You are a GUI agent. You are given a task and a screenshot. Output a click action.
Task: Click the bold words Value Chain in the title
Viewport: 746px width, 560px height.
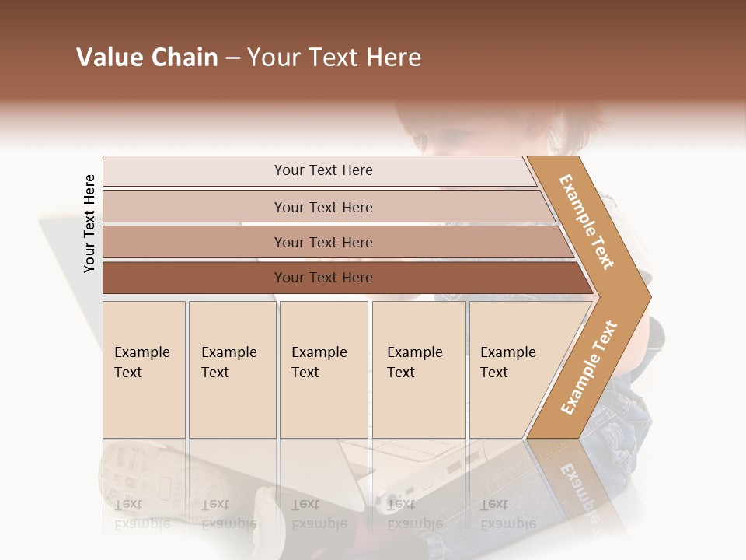(147, 58)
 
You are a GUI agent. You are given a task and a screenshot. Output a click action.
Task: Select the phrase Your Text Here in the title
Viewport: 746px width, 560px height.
(334, 58)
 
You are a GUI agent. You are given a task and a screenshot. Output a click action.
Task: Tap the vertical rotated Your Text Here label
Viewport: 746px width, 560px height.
(89, 223)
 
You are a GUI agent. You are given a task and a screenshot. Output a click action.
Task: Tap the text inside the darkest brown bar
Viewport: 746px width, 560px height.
(323, 278)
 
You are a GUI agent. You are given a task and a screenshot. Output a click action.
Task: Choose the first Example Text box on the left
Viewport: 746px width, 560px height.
(144, 369)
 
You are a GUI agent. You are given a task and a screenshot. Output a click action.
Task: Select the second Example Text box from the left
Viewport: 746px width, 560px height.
(232, 369)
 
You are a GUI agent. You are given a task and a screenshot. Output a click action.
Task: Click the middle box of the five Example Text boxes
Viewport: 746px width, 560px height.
(323, 369)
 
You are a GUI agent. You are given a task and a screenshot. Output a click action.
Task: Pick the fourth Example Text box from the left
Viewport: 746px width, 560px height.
(419, 369)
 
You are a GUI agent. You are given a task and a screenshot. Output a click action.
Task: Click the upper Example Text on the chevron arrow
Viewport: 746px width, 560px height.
(587, 222)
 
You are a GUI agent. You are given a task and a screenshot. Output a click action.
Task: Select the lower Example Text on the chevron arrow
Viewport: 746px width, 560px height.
(589, 367)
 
